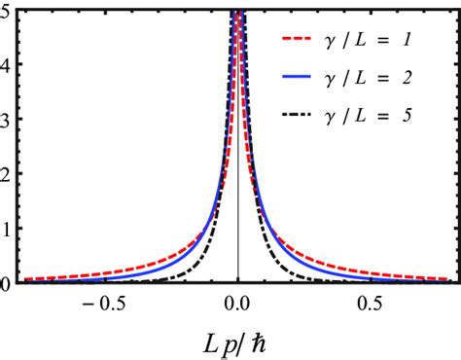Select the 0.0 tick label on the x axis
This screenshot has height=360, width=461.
238,303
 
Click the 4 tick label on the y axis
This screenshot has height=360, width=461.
5,65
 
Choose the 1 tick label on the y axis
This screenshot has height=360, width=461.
5,230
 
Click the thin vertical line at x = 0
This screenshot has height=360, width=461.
237,195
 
